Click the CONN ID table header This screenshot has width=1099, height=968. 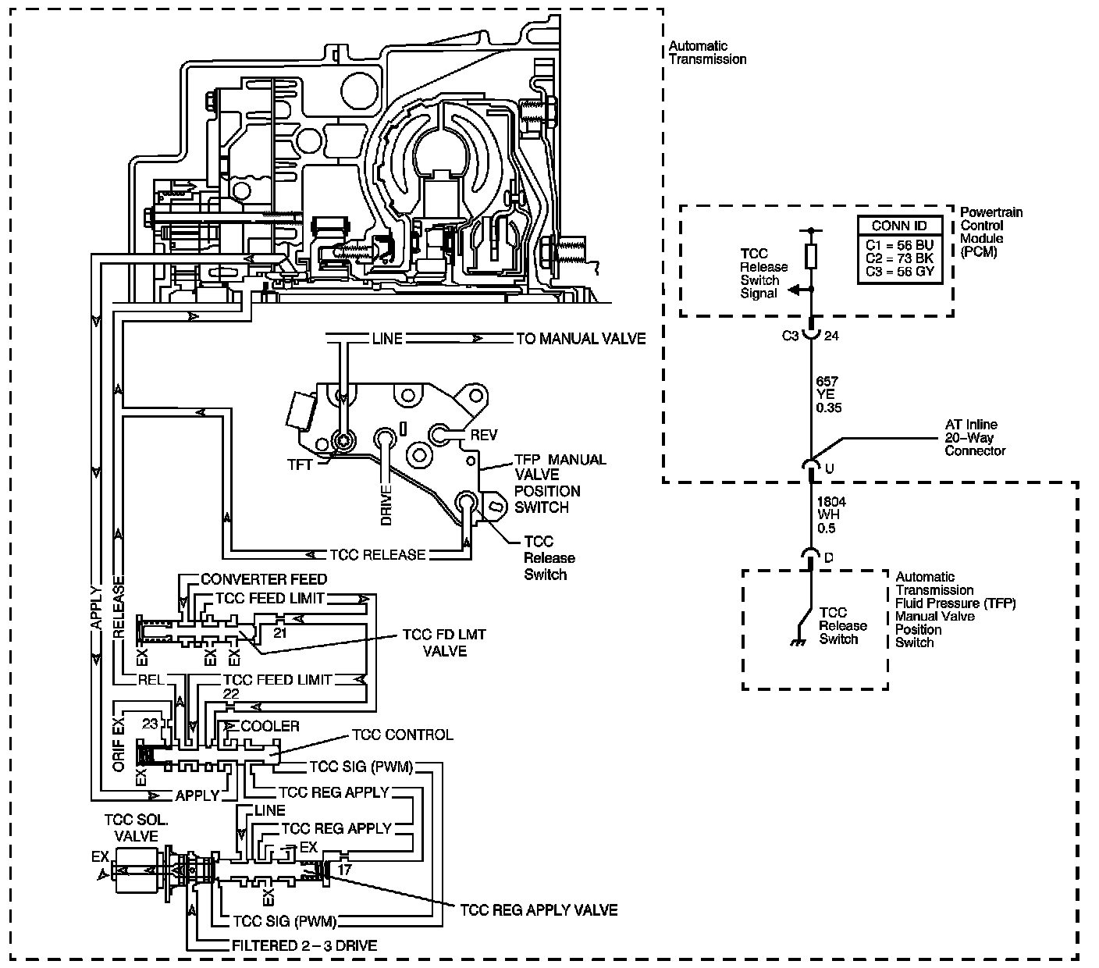tap(899, 226)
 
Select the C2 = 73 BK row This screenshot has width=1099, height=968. tap(899, 258)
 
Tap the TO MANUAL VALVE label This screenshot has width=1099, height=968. tap(581, 339)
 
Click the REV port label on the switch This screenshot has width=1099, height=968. tap(483, 435)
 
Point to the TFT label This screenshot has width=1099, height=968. tap(300, 464)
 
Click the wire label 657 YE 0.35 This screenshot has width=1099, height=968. tap(827, 394)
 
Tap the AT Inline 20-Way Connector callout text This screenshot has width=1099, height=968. tap(974, 438)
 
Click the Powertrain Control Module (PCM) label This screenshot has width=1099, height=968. tap(991, 232)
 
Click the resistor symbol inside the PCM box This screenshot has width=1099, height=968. tap(811, 257)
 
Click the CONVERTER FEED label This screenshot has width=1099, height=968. tap(264, 579)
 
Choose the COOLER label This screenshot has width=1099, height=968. tap(270, 726)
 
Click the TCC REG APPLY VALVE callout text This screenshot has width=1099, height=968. tap(539, 910)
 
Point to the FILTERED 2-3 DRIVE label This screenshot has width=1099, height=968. tap(304, 945)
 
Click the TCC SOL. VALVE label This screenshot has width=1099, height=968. tap(137, 828)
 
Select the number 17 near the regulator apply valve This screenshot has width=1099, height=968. tap(344, 867)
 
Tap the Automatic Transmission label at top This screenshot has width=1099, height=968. tap(707, 52)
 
